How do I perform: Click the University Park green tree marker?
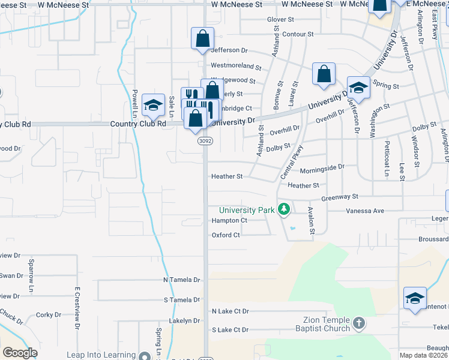tap(284, 210)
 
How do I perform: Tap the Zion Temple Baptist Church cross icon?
tap(359, 324)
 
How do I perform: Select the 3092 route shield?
tap(203, 141)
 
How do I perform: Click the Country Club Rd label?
tap(137, 124)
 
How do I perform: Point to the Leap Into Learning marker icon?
tap(144, 356)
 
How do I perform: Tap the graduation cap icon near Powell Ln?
tap(153, 104)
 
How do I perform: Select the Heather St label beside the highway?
tap(226, 176)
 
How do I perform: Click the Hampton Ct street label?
tap(229, 221)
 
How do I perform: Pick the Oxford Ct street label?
tap(226, 235)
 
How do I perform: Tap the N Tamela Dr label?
tap(181, 280)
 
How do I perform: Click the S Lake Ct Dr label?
tap(230, 330)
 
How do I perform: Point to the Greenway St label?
tap(339, 196)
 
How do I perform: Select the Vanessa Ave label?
tap(364, 211)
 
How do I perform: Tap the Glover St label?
tap(280, 19)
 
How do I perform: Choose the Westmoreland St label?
tap(236, 65)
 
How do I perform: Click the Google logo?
tap(20, 353)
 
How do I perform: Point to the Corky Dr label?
tap(45, 315)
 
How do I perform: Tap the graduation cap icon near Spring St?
tap(358, 87)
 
